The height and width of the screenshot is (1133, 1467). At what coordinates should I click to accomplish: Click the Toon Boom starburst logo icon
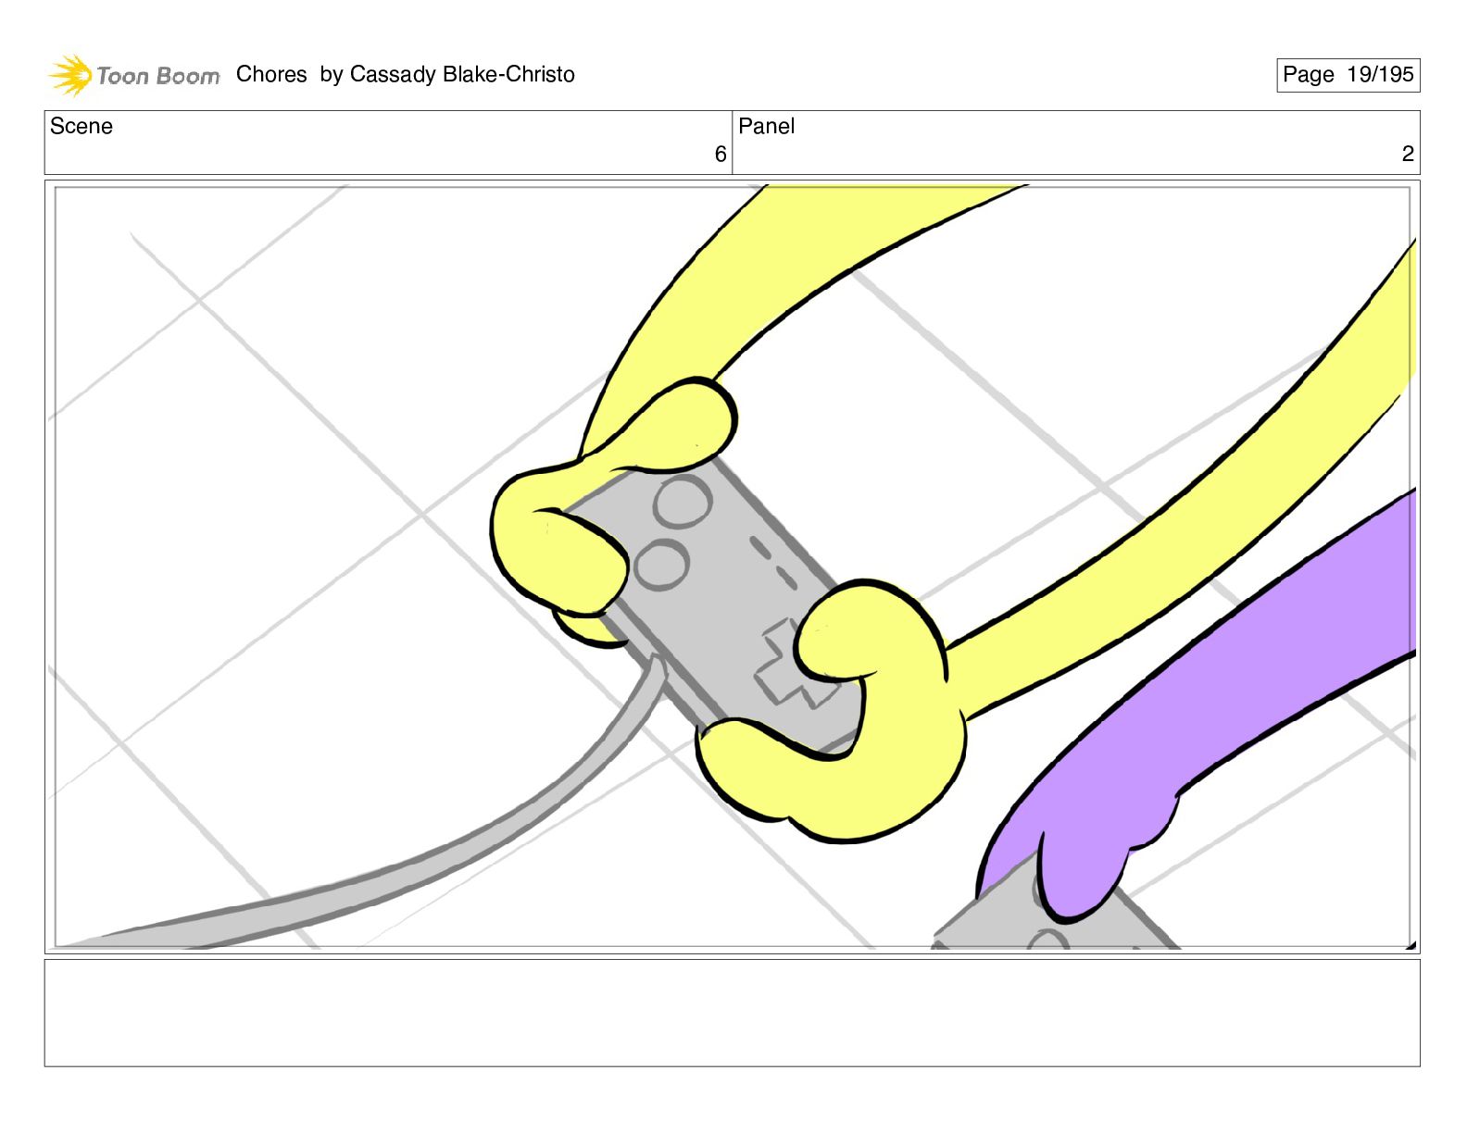69,74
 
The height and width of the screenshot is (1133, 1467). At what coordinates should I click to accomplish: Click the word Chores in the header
271,74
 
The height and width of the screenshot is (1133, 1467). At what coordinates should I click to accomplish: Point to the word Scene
81,126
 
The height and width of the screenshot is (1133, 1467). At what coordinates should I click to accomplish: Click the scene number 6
720,154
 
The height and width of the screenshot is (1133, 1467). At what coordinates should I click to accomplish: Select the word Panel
766,126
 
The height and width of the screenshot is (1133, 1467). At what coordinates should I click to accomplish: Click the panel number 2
1407,154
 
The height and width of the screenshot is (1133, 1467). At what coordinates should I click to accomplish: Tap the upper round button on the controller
683,501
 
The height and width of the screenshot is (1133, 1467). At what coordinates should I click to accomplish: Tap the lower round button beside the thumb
662,564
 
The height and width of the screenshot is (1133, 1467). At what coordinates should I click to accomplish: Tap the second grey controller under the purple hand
1056,921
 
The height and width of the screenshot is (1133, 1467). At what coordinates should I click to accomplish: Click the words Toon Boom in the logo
158,76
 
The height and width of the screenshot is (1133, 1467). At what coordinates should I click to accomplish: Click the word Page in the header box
1308,74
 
